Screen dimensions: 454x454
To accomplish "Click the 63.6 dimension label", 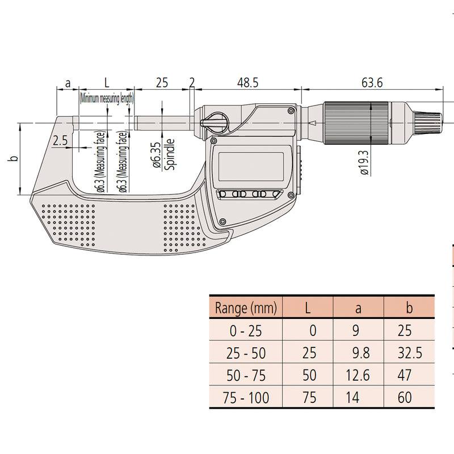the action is click(372, 83).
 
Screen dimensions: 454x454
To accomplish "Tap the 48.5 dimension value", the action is click(247, 83).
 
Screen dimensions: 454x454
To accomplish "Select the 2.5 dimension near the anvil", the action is click(60, 140).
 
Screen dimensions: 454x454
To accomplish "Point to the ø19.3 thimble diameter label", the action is click(365, 162).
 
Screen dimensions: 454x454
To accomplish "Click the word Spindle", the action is click(170, 154).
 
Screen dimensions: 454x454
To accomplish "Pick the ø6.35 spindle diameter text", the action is click(157, 155).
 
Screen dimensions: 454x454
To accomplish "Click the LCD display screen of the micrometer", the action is click(251, 166).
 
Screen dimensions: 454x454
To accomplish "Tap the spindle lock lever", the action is click(215, 123).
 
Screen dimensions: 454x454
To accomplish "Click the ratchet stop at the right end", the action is click(429, 123).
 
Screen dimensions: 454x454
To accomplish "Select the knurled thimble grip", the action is click(356, 123).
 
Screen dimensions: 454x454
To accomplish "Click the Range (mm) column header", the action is click(246, 307).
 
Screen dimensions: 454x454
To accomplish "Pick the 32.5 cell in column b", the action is click(409, 352).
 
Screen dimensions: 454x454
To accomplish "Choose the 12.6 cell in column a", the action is click(358, 375).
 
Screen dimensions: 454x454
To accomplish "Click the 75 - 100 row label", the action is click(246, 397).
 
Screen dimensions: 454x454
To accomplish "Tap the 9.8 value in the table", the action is click(361, 352).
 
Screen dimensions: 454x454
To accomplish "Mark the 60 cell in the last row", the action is click(405, 397).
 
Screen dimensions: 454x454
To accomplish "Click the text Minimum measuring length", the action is click(107, 99).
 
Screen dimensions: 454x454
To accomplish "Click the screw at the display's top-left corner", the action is click(214, 141).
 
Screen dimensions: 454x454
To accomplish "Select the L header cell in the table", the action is click(308, 308).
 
